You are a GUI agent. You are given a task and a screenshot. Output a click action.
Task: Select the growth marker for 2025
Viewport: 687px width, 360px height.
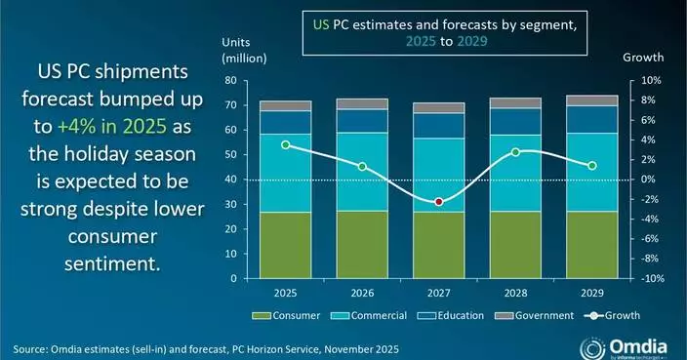point(285,144)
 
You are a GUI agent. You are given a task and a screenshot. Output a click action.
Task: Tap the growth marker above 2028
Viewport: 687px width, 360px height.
point(515,152)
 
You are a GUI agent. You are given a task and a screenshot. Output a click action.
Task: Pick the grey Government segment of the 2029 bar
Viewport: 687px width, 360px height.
point(591,100)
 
